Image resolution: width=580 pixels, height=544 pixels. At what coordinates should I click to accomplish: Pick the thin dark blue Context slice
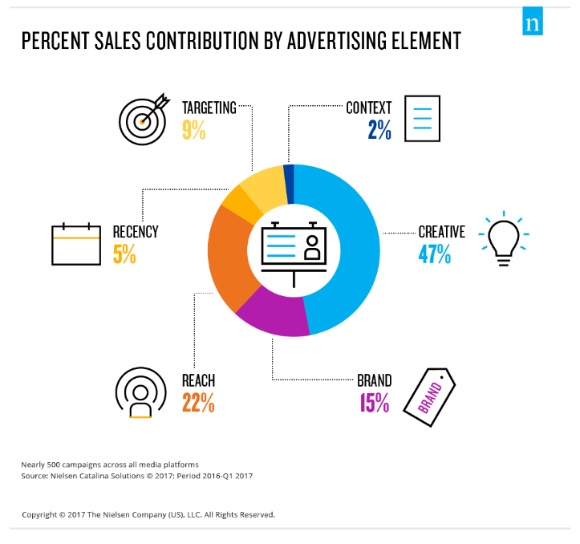point(289,177)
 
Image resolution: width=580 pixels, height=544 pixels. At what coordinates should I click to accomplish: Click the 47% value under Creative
point(434,254)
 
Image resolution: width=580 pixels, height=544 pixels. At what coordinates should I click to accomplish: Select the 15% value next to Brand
point(373,403)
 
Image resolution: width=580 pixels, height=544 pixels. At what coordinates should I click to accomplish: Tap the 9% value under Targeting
point(193,130)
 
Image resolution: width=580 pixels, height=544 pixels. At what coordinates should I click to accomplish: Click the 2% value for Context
point(379,130)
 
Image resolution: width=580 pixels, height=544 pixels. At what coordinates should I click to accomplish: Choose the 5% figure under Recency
point(124,254)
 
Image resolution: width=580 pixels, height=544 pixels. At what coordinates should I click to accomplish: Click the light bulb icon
point(503,238)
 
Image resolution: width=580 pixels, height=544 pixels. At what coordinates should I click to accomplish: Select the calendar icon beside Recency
point(75,244)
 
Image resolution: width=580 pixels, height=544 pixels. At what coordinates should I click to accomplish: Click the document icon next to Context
point(422,119)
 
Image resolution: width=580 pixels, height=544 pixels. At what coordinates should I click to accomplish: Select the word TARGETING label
point(209,108)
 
